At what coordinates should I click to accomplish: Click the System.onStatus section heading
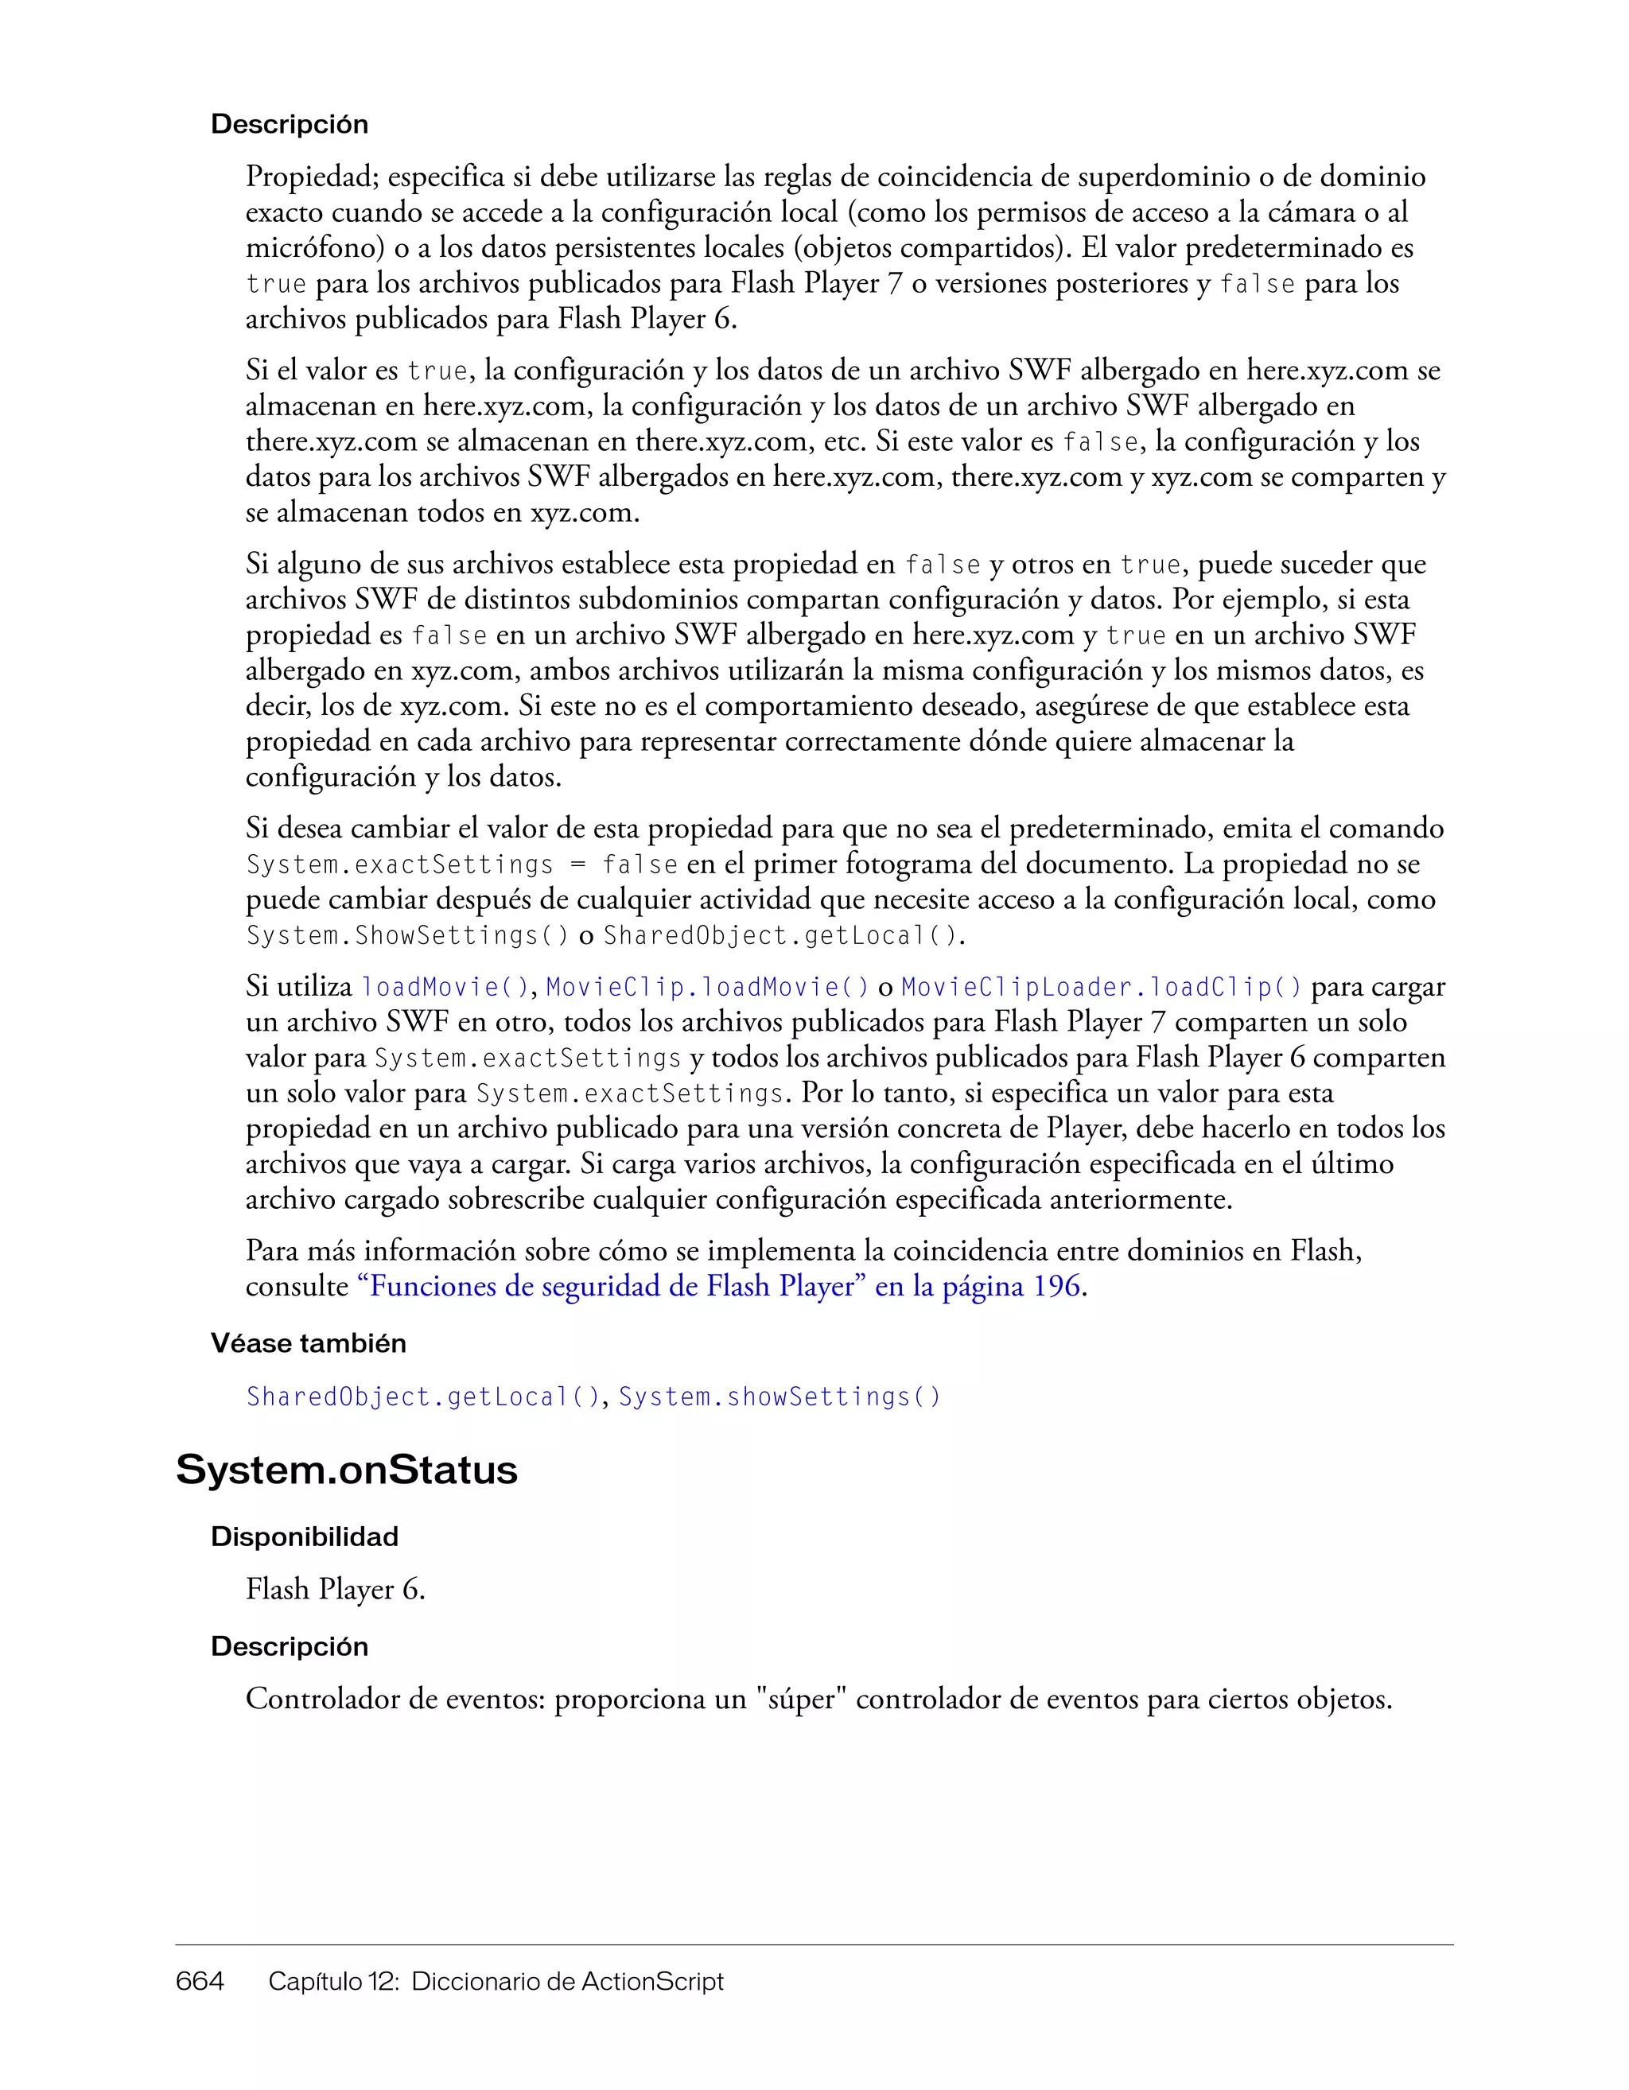(x=347, y=1470)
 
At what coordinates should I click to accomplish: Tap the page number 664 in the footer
(x=200, y=1981)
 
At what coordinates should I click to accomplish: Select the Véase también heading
(x=308, y=1343)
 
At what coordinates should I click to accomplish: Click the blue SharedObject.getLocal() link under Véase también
(x=423, y=1397)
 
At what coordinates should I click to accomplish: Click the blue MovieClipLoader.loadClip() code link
(x=1102, y=987)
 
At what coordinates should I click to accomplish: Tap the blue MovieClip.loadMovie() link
(x=707, y=987)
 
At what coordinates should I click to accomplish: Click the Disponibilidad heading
(x=305, y=1536)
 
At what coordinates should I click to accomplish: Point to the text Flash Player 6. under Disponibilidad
(x=335, y=1590)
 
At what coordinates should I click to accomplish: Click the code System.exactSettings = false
(x=462, y=865)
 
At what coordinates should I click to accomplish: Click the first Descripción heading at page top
(x=289, y=124)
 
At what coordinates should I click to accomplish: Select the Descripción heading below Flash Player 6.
(x=289, y=1646)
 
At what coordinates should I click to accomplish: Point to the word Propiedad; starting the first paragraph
(x=313, y=177)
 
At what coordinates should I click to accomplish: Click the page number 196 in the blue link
(x=1056, y=1286)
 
